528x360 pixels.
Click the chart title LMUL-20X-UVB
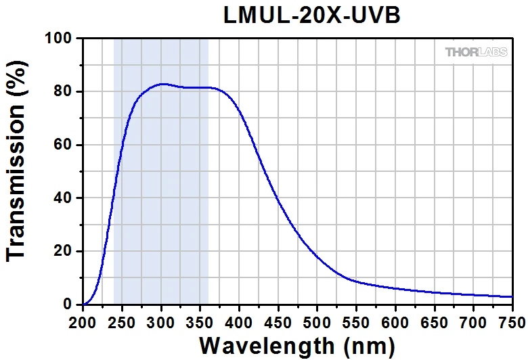[x=312, y=16]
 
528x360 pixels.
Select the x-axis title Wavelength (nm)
[x=296, y=345]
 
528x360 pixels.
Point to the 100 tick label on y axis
[x=59, y=39]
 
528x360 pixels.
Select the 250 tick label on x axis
[x=122, y=319]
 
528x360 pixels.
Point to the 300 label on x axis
[x=161, y=319]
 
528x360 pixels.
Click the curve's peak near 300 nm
[x=162, y=84]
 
